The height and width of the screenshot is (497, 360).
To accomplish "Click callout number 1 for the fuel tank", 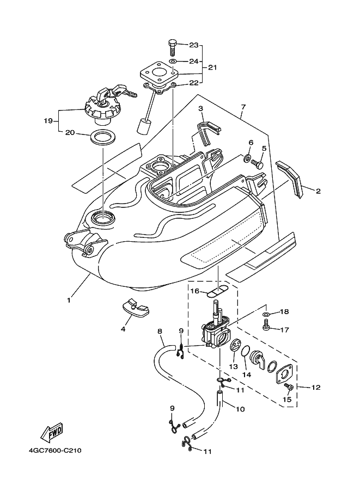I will pyautogui.click(x=69, y=300).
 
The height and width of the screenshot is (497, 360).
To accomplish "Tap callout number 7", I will pyautogui.click(x=243, y=107).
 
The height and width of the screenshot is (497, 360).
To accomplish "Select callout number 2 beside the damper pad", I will pyautogui.click(x=318, y=191).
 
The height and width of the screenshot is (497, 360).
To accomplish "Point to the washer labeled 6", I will pyautogui.click(x=246, y=159).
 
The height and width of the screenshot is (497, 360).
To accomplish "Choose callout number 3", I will pyautogui.click(x=200, y=109).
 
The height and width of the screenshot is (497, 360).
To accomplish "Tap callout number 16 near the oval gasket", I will pyautogui.click(x=194, y=291).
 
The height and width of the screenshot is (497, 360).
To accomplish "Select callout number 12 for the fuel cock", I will pyautogui.click(x=315, y=388).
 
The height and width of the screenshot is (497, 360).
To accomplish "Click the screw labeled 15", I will pyautogui.click(x=289, y=386).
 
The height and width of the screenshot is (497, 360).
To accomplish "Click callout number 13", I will pyautogui.click(x=234, y=367).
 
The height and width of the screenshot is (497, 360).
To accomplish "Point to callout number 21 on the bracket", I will pyautogui.click(x=212, y=68).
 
